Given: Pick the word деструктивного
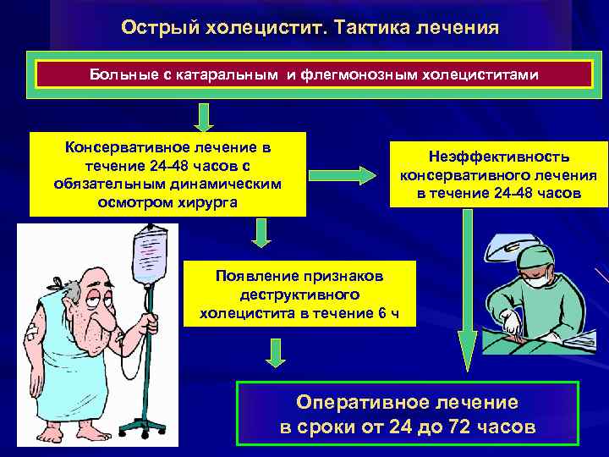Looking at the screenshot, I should (x=299, y=295).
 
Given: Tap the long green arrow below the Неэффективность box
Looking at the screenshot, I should (x=466, y=288).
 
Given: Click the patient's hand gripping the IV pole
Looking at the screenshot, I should (x=151, y=324).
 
